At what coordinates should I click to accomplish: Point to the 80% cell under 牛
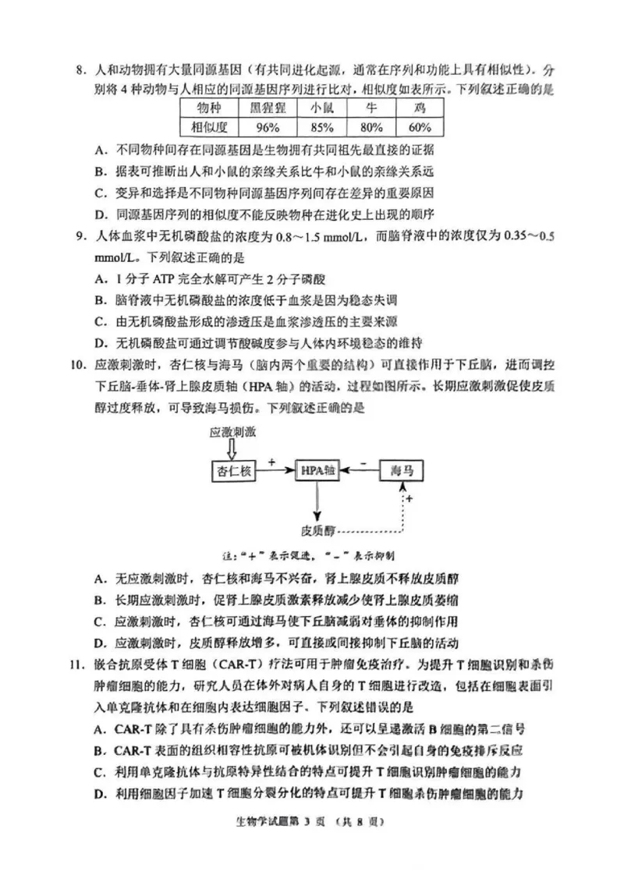click(x=372, y=127)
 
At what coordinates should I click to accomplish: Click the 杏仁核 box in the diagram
click(x=233, y=470)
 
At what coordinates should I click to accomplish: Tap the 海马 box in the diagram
click(x=402, y=470)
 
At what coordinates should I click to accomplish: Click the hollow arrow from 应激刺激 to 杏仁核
click(x=232, y=449)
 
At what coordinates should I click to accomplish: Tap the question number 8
click(x=80, y=72)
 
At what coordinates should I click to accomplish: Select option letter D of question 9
click(x=99, y=342)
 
